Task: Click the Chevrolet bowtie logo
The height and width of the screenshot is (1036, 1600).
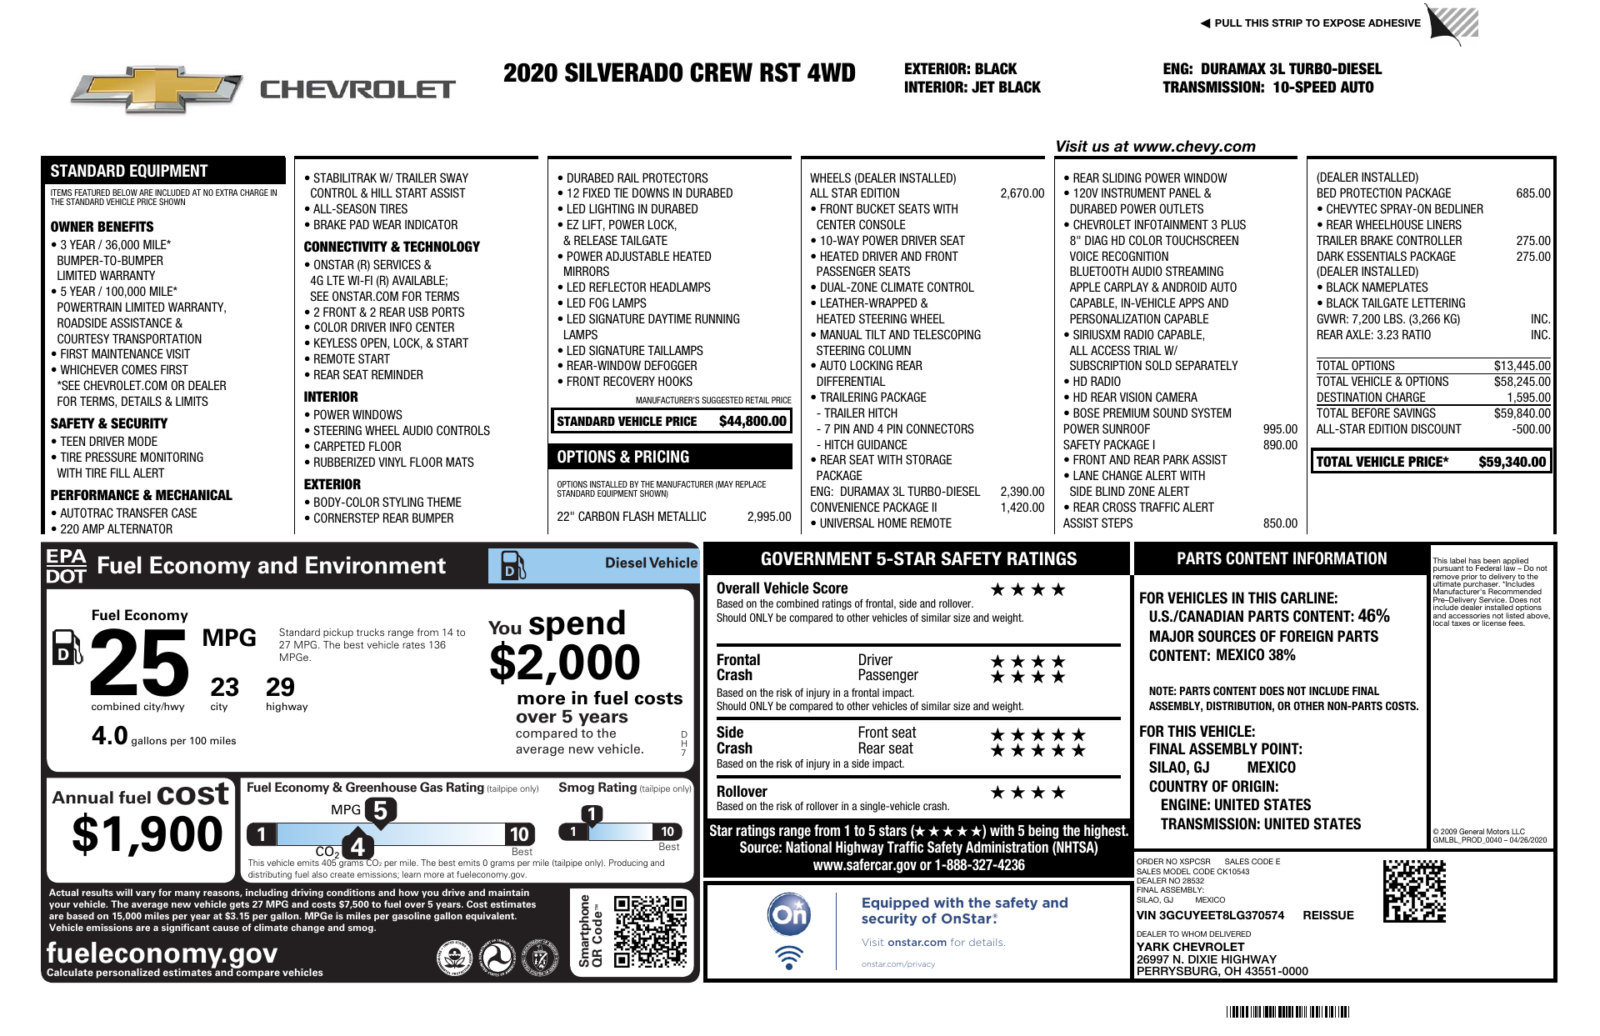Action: click(x=157, y=89)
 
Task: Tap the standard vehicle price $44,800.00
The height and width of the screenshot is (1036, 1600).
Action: click(x=752, y=422)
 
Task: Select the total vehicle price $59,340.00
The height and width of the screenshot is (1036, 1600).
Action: click(x=1512, y=462)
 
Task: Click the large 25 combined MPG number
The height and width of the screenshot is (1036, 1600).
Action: click(x=139, y=663)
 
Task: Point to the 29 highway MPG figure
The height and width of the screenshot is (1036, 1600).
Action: click(x=280, y=688)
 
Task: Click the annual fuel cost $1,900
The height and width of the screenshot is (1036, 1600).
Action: click(x=147, y=834)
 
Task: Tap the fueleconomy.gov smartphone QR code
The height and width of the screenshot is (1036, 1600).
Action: click(x=650, y=931)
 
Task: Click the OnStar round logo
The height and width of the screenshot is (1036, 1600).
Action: click(x=788, y=914)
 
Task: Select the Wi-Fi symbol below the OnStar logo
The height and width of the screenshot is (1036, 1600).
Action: click(x=788, y=957)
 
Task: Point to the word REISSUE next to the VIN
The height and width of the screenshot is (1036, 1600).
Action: click(x=1327, y=915)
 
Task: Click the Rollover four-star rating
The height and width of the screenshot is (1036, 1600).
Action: click(x=1027, y=793)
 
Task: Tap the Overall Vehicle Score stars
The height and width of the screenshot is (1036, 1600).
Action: click(x=1027, y=590)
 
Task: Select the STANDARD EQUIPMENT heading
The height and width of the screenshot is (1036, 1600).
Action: click(x=129, y=171)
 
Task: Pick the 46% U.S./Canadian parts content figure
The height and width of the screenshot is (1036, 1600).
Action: click(x=1373, y=617)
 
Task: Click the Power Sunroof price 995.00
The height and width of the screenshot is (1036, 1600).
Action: click(x=1280, y=429)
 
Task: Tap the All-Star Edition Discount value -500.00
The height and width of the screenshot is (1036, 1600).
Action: click(x=1531, y=429)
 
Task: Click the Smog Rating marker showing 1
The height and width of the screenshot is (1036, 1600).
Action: click(x=591, y=814)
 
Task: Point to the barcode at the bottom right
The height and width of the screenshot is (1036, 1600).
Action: click(x=1287, y=1013)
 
